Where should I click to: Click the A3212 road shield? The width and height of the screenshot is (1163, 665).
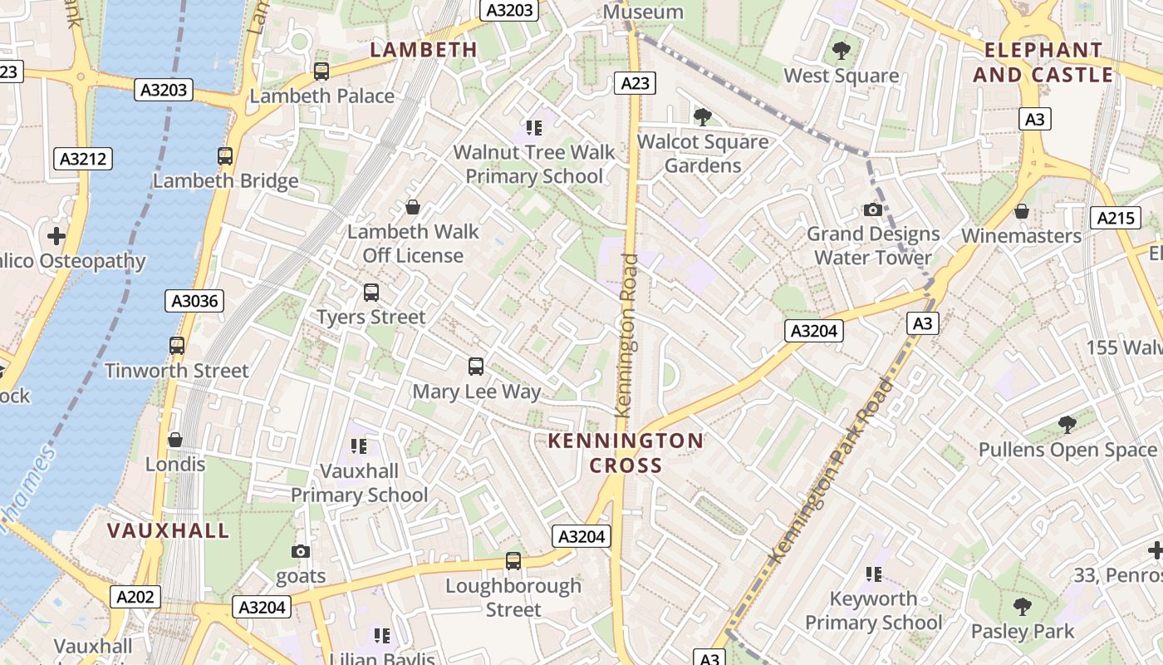pos(83,159)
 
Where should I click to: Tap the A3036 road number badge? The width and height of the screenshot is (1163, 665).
pos(194,301)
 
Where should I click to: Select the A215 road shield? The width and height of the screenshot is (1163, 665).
pos(1115,219)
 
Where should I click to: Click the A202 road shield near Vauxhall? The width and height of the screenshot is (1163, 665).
pos(135,596)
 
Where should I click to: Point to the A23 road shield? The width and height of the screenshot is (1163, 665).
pos(635,83)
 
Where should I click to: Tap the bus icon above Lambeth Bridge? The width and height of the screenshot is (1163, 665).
pos(225,155)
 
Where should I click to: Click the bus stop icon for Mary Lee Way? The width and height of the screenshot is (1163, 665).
pos(476,366)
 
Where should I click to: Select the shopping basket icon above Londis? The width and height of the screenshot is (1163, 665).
pos(175,439)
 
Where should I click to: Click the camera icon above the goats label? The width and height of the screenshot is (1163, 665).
pos(301,551)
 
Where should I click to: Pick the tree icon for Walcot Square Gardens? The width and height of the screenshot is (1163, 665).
pos(703,116)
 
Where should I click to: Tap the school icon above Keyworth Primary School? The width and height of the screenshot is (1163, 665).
pos(873,574)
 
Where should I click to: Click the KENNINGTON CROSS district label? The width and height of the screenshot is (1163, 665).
pos(626,453)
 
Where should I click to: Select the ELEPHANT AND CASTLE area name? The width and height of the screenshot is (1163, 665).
pos(1043,62)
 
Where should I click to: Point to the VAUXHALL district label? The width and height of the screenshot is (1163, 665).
pos(168,530)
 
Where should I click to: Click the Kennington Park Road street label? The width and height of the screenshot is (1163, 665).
pos(833,470)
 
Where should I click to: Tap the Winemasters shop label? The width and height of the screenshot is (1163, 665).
pos(1021,236)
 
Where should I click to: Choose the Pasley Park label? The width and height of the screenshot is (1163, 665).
pos(1022,632)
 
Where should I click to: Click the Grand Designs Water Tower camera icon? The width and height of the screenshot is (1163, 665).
pos(872,209)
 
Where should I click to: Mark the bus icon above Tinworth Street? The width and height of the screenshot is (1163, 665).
pos(177,346)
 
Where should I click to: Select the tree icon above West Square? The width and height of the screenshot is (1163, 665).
pos(842,51)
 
